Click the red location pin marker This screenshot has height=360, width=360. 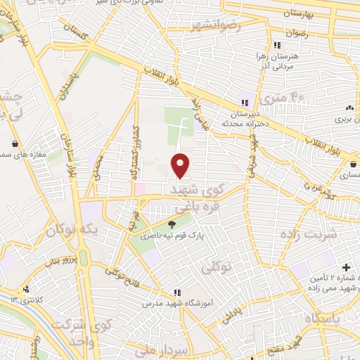[x=181, y=165]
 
